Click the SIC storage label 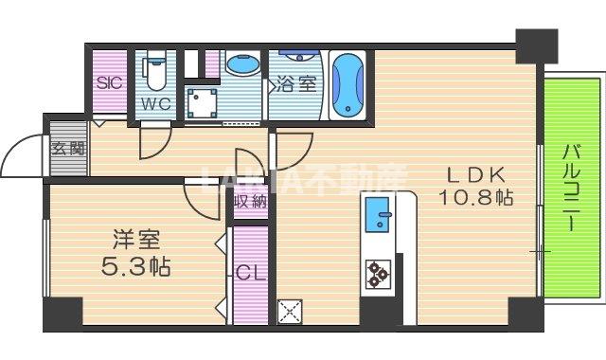click(x=110, y=82)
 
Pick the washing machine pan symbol click(x=202, y=100)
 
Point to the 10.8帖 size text click(x=475, y=199)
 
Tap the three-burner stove click(x=378, y=273)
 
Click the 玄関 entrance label click(x=65, y=148)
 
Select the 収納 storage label click(x=251, y=201)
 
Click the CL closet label click(x=249, y=274)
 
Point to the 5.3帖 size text click(x=134, y=266)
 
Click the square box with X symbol click(x=289, y=311)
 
